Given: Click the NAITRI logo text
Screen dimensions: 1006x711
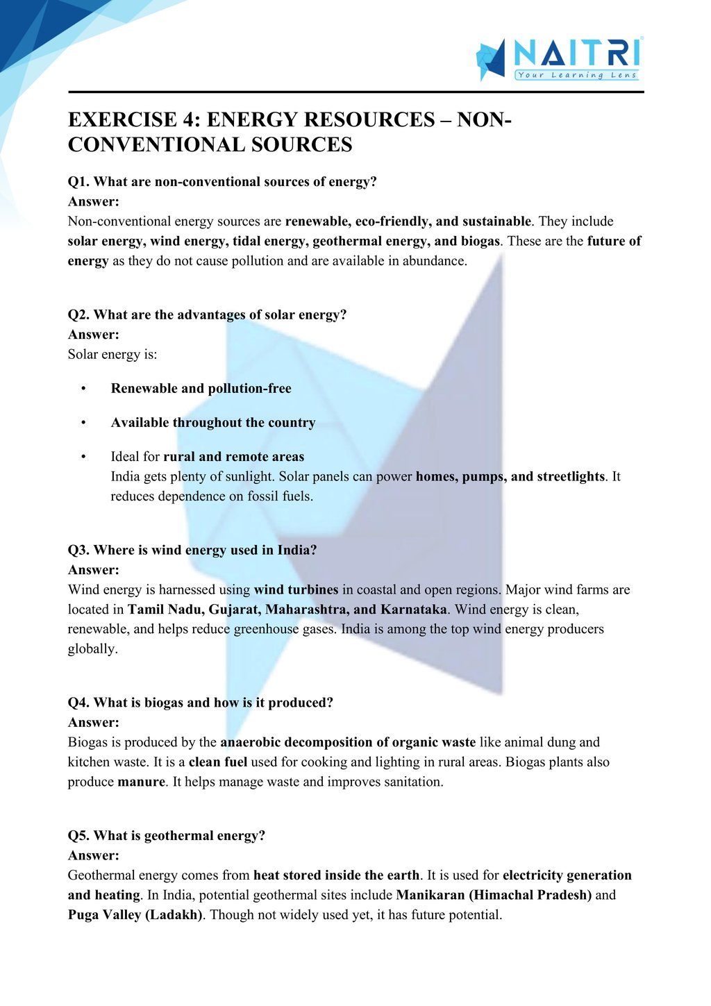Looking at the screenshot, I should [576, 53].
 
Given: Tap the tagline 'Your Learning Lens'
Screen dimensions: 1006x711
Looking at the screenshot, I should [576, 75].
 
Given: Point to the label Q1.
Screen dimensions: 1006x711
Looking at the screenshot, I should [78, 182].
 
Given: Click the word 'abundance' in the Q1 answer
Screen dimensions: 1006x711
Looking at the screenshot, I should [434, 261].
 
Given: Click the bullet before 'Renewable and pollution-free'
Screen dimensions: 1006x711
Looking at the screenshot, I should [83, 389].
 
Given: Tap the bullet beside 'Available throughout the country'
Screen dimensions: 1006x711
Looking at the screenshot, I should [83, 423].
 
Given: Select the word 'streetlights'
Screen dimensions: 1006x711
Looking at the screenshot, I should [570, 476].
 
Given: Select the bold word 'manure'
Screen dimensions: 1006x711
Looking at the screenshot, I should [141, 782].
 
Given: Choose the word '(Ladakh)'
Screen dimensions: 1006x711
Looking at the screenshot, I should [174, 914].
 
